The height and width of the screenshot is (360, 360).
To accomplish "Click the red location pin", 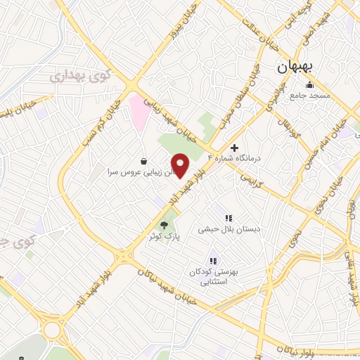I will point(181,166).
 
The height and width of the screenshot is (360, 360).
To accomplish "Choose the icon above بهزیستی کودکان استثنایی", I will point(213,262).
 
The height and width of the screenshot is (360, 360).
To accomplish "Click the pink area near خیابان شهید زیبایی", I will point(137,112).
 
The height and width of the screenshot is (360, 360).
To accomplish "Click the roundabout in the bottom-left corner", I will point(53,330).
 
